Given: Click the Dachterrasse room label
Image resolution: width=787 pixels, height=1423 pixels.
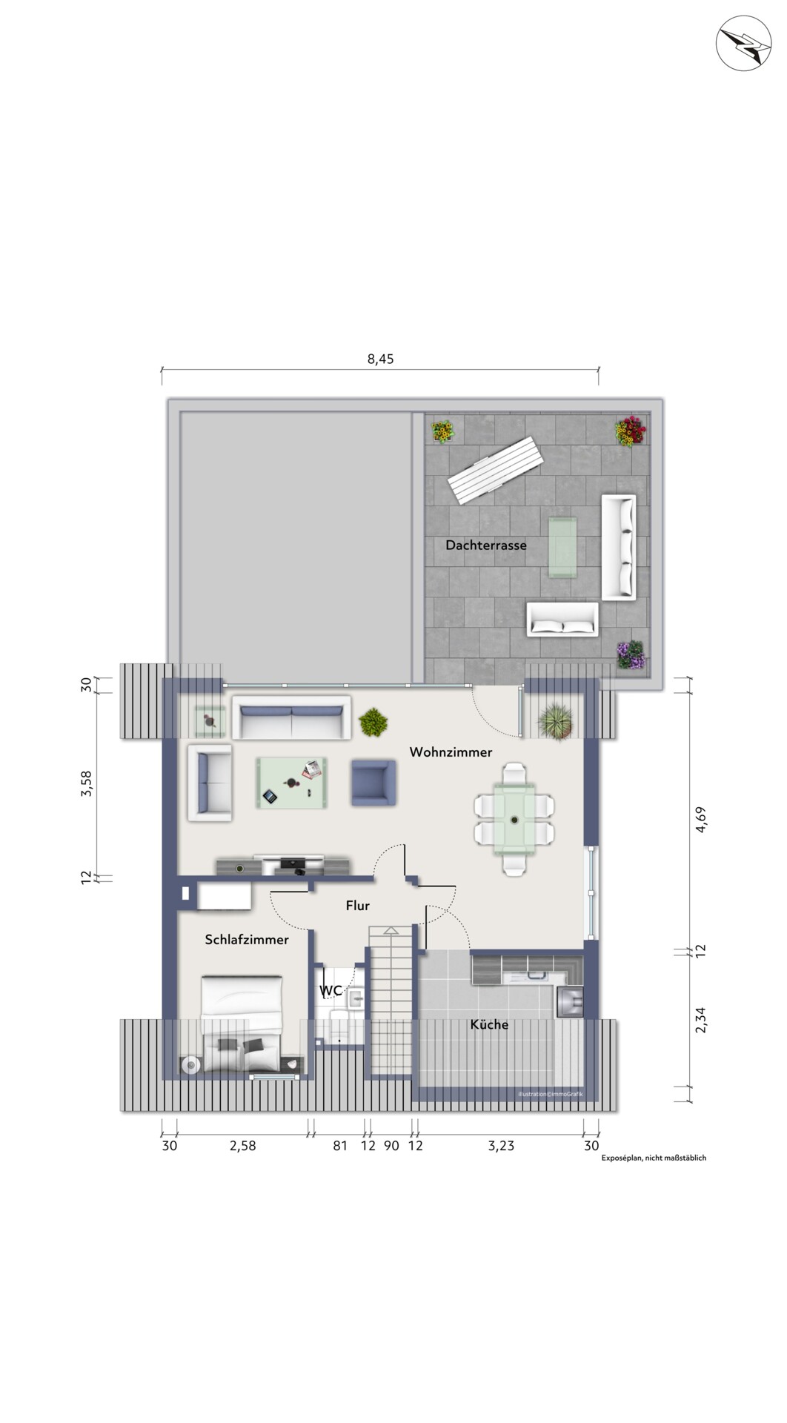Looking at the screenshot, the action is point(486,545).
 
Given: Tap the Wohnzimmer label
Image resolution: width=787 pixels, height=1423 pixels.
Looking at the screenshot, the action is point(451,752).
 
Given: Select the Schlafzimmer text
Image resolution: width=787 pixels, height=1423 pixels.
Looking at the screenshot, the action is point(247,940).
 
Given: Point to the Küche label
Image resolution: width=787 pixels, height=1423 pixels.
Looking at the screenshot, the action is point(489,1024).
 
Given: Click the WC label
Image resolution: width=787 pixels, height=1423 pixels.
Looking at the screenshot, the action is point(331,991).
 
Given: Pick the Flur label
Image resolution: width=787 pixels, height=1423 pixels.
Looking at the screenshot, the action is point(357,906).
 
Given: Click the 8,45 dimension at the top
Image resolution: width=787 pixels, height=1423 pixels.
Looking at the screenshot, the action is point(381,359).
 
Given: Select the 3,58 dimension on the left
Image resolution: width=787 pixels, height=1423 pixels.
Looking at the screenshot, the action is point(87,783).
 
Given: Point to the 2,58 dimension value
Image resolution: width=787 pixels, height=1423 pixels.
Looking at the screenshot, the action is point(242,1146).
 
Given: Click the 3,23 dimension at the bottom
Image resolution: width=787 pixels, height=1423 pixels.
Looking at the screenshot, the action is point(500,1146).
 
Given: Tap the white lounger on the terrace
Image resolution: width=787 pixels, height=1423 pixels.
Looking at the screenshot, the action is point(495,470).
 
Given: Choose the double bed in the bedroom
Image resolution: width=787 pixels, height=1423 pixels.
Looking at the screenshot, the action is point(242,1024).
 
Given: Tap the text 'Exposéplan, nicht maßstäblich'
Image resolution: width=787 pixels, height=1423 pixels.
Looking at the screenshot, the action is point(654,1158).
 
